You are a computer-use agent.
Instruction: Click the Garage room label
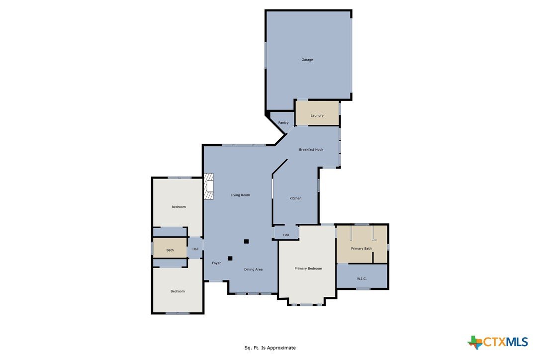pos(307,60)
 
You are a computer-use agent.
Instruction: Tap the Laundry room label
pos(317,115)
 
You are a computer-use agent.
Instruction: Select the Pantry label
pos(283,123)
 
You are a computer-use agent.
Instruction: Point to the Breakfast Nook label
pos(311,150)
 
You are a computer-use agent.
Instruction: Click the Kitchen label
pos(295,198)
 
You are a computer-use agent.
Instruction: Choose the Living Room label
pos(240,195)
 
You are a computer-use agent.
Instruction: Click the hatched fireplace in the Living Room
pos(208,186)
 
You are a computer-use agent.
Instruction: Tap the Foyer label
pos(216,263)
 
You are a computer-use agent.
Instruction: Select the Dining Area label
pos(254,270)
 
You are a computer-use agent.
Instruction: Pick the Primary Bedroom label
pos(308,269)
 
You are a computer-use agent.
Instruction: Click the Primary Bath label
pos(361,249)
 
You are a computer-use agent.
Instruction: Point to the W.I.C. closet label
pos(361,278)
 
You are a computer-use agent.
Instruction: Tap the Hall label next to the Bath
pos(195,249)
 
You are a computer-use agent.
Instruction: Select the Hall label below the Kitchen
pos(286,235)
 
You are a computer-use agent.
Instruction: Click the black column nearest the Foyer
pos(230,259)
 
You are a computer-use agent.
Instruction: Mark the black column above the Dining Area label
pos(246,242)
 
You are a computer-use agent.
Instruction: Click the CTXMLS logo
pos(497,342)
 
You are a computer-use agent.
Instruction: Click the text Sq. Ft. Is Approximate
pos(270,348)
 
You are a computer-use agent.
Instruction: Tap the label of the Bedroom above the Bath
pos(179,207)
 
